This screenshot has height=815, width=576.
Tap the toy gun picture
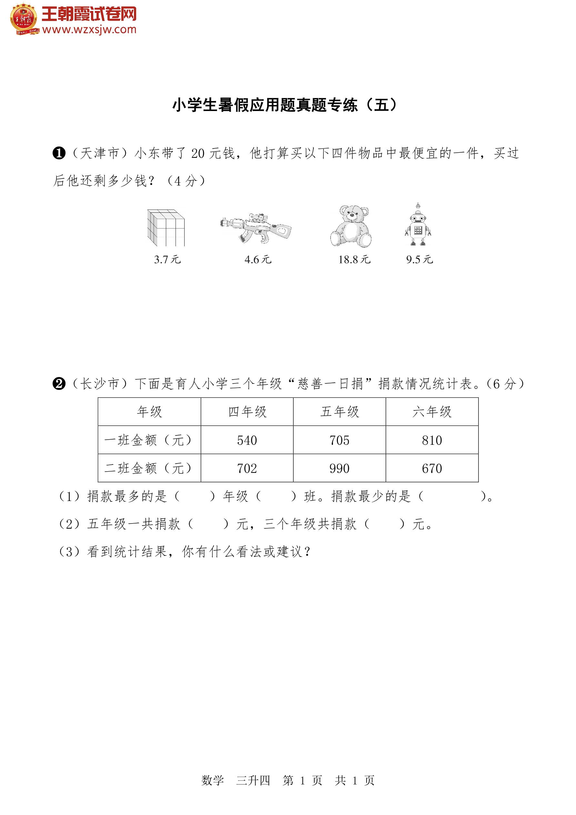[x=256, y=228]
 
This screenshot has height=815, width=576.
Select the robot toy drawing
[x=418, y=225]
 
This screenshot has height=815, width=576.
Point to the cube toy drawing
[x=166, y=228]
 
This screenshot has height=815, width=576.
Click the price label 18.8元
[x=354, y=260]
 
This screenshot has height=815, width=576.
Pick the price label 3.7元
[x=167, y=260]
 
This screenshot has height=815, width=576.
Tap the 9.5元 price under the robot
[x=419, y=260]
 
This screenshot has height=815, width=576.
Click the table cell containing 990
[x=339, y=469]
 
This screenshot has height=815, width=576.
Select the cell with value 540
[x=247, y=440]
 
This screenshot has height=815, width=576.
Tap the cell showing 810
[x=432, y=440]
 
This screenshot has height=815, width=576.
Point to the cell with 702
[x=247, y=469]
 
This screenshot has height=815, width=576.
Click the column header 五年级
[x=339, y=412]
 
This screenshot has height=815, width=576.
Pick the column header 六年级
[x=432, y=412]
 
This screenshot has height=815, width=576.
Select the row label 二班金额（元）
[x=149, y=469]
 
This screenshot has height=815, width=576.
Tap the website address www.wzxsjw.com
[x=89, y=30]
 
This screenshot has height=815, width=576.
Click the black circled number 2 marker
[x=59, y=384]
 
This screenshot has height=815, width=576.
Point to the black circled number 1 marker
[x=59, y=153]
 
